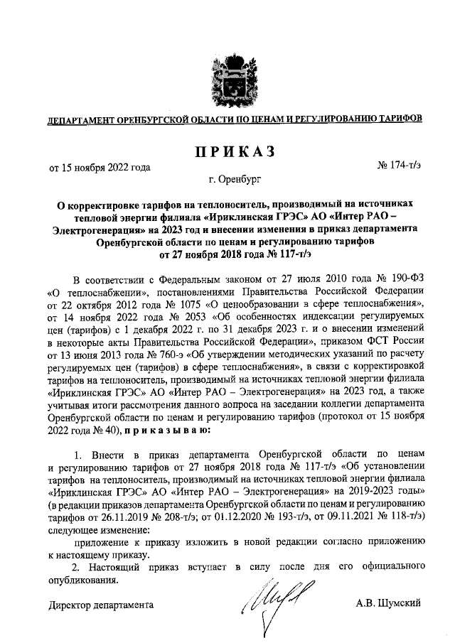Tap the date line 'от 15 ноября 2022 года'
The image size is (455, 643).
(100, 168)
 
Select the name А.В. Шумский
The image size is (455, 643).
(389, 604)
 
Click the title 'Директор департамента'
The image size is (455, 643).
(100, 605)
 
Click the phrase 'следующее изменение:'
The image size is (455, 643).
(99, 530)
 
